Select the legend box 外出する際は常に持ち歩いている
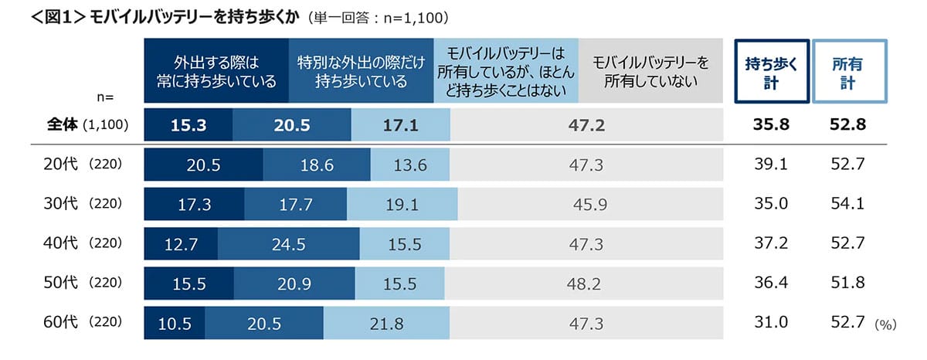pyautogui.click(x=216, y=71)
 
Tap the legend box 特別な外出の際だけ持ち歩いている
pyautogui.click(x=361, y=71)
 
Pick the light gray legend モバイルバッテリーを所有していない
pyautogui.click(x=650, y=71)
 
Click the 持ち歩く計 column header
pyautogui.click(x=772, y=71)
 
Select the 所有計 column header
pyautogui.click(x=847, y=71)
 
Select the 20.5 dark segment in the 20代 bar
pyautogui.click(x=204, y=165)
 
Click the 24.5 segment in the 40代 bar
pyautogui.click(x=288, y=244)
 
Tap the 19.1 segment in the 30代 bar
pyautogui.click(x=402, y=204)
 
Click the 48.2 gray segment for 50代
pyautogui.click(x=583, y=284)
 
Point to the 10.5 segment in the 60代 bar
pyautogui.click(x=175, y=323)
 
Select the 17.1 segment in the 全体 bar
pyautogui.click(x=400, y=124)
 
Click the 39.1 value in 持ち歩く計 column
pyautogui.click(x=772, y=165)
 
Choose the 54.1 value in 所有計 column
pyautogui.click(x=847, y=204)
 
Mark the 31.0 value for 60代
pyautogui.click(x=772, y=323)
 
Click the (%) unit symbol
pyautogui.click(x=885, y=325)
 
